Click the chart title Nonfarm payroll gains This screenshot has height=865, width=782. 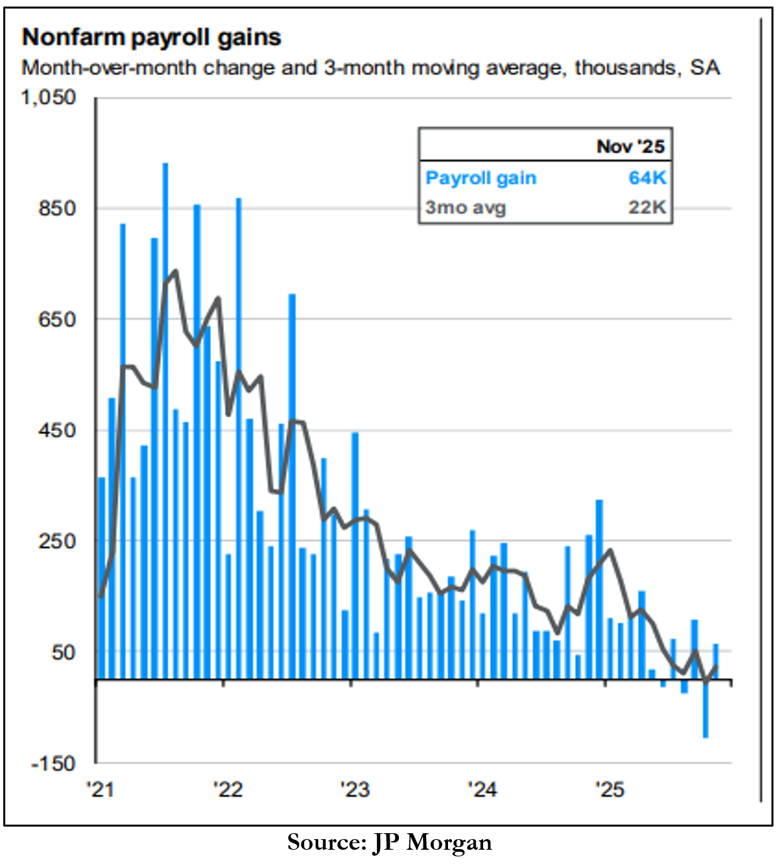coord(152,38)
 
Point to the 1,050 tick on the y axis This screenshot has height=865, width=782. coord(49,97)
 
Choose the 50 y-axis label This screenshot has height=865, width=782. coord(64,652)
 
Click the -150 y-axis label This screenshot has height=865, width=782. coord(54,764)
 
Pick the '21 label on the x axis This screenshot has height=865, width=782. coord(101,789)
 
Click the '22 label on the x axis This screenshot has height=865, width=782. coord(228,789)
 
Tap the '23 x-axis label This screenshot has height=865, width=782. coord(355,789)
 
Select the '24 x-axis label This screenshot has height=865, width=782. coord(482,789)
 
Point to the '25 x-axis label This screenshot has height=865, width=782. coord(609,789)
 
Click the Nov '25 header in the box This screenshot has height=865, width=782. coord(630,146)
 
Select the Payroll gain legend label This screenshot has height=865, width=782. coord(480,178)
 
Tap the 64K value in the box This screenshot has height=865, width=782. coord(647,178)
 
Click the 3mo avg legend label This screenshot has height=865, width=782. coord(465,207)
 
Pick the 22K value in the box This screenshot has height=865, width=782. coord(647,207)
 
